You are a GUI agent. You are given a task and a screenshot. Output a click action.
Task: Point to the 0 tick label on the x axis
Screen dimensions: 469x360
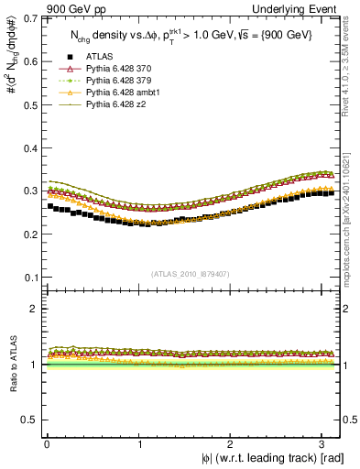[x=47, y=443]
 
